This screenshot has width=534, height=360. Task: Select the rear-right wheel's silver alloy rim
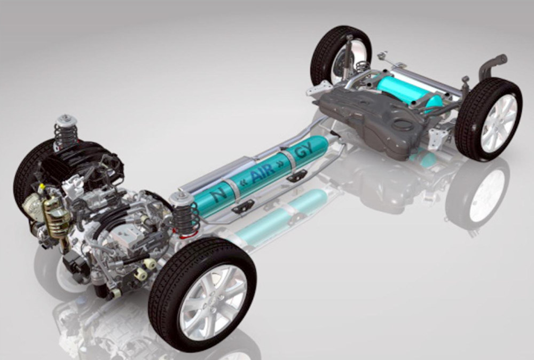498,123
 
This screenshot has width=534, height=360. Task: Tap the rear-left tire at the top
341,33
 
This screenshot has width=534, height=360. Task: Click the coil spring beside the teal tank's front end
186,218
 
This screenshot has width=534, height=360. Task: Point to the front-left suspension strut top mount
67,121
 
